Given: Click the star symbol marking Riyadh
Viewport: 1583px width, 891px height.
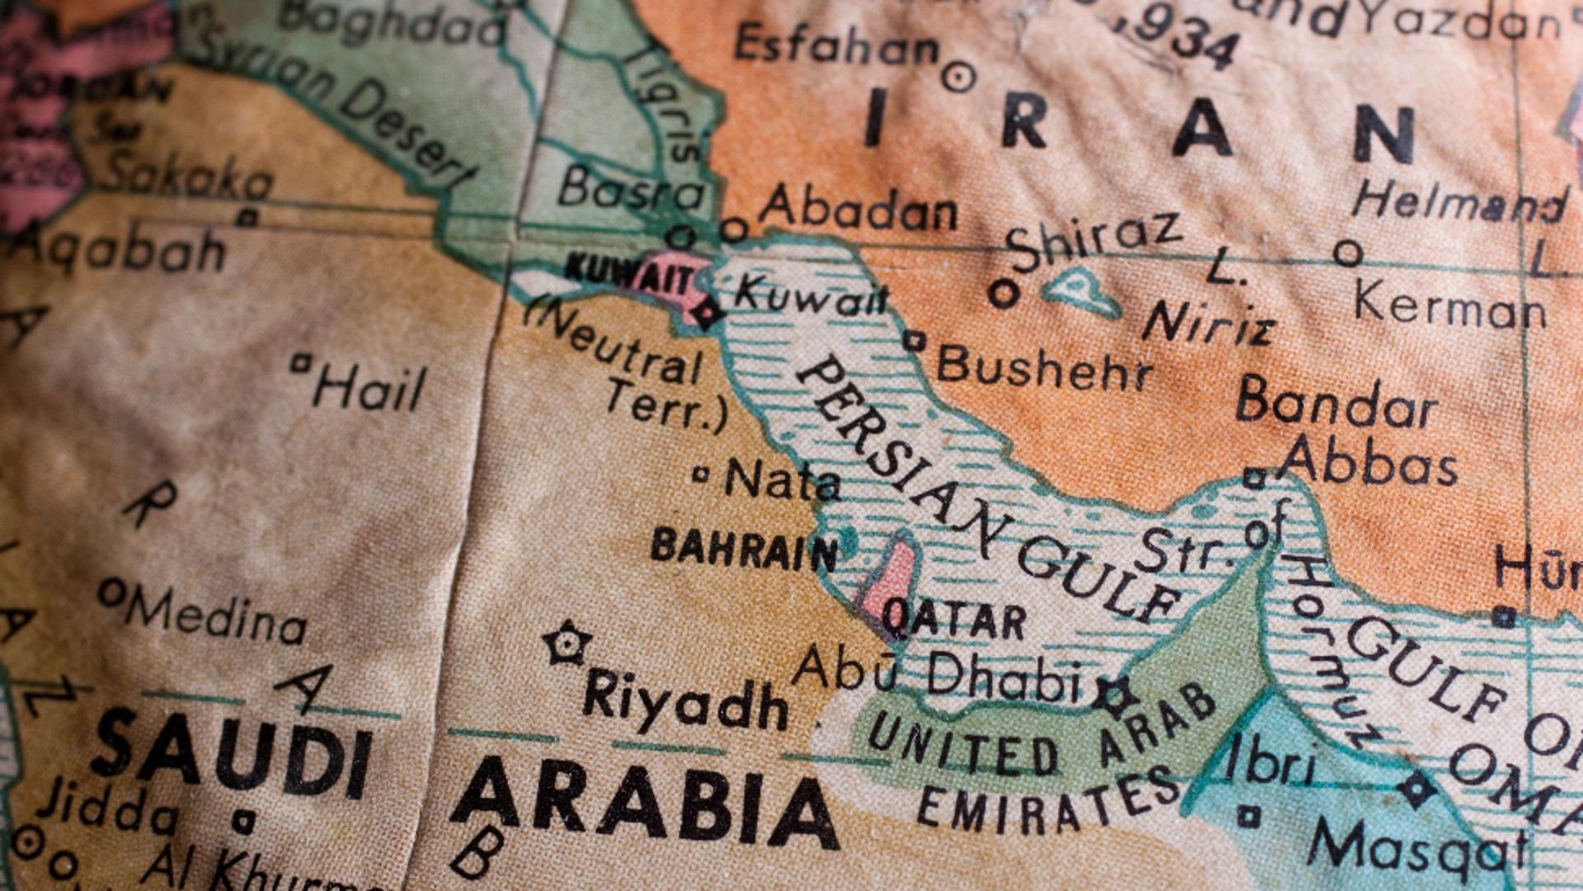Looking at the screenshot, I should coord(567,643).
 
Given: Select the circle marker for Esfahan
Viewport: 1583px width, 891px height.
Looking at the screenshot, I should coord(958,77).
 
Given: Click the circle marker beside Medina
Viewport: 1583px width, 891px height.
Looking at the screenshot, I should coord(112,592).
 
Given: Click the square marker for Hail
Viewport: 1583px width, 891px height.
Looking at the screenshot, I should coord(302,362).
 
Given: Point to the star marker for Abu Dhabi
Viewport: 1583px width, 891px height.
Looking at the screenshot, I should coord(1115,695).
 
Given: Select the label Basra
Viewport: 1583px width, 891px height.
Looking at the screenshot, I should coord(631,190).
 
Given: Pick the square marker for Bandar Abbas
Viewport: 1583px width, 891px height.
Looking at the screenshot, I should coord(1254,478).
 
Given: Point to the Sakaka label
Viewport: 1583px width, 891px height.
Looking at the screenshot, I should coord(188,175).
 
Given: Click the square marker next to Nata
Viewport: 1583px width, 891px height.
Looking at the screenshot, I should coord(701,474).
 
